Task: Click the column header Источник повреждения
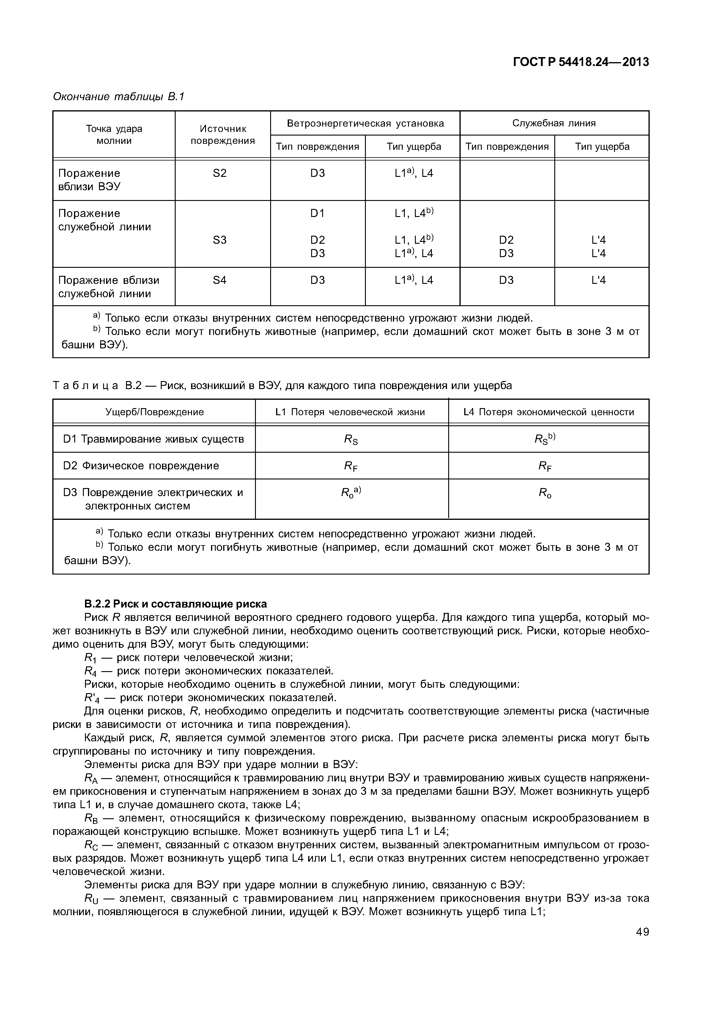tap(223, 135)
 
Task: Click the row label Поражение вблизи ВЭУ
tap(89, 180)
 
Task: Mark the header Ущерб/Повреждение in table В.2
tap(154, 412)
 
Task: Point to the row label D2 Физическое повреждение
tap(141, 465)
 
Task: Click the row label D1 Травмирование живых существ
tap(154, 439)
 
